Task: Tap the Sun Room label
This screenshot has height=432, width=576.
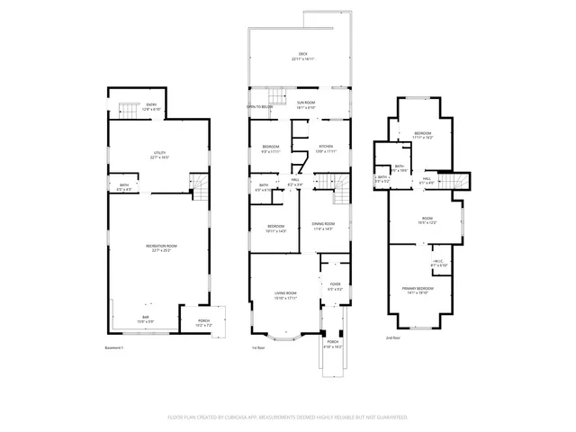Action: click(307, 104)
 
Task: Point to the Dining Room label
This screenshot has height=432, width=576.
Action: click(323, 225)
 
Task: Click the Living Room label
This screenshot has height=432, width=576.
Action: click(286, 295)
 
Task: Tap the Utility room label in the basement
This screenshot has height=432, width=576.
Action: click(160, 155)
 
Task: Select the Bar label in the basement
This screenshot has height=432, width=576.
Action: click(120, 319)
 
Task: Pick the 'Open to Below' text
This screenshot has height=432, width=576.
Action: click(260, 106)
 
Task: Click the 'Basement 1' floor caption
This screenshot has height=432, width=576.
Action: click(112, 348)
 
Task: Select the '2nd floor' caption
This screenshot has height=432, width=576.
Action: click(393, 338)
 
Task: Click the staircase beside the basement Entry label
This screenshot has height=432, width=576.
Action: click(131, 112)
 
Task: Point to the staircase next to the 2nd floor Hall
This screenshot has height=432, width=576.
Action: click(461, 182)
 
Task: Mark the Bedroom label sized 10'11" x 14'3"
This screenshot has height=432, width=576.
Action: click(275, 228)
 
